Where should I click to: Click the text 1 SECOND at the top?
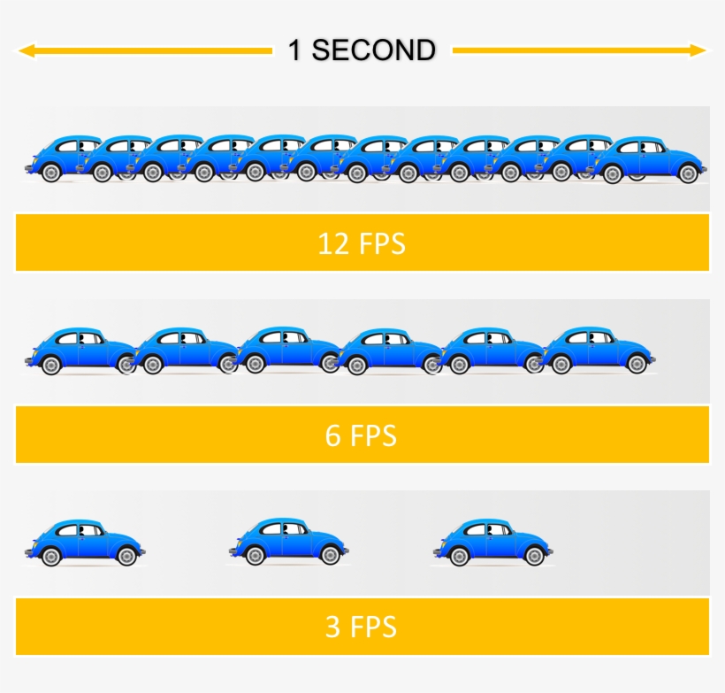click(x=362, y=50)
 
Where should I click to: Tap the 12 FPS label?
click(x=362, y=243)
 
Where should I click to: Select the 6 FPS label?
click(x=362, y=435)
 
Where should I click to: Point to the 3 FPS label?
click(x=362, y=628)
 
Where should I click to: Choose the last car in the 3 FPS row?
click(x=493, y=542)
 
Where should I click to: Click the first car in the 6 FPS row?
click(x=82, y=350)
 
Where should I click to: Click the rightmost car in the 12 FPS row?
click(x=650, y=159)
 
